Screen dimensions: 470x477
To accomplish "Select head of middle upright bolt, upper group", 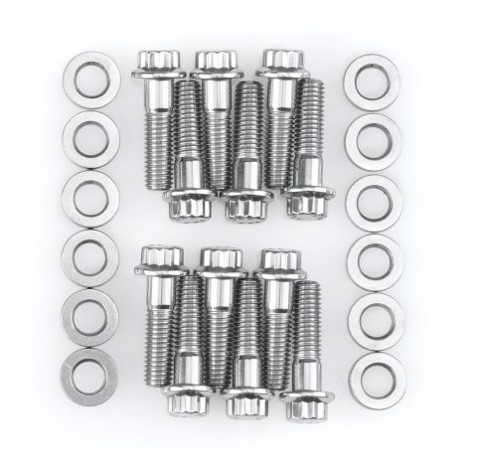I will click(214, 64).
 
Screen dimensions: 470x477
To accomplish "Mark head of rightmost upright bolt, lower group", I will click(278, 262).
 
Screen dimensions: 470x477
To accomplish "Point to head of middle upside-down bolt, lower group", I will click(247, 401).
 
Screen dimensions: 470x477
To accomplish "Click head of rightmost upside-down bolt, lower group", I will click(307, 401).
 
